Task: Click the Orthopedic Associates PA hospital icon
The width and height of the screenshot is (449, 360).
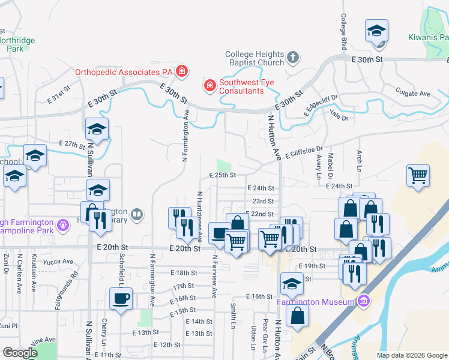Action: coord(182,73)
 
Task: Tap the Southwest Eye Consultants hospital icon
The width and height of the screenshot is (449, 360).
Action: coord(210,86)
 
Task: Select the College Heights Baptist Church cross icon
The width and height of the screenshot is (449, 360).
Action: coord(292,58)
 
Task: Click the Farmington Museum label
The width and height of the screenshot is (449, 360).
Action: coord(316,302)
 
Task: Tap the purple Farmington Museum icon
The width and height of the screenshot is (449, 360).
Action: coord(363,301)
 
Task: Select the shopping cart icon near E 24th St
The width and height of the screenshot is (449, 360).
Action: coord(418,176)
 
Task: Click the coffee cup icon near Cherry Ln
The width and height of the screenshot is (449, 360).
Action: coord(120,298)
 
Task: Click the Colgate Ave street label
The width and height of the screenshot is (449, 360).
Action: coord(413,93)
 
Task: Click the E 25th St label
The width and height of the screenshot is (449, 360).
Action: coord(223,175)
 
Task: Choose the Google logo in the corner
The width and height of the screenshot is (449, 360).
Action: coord(20,353)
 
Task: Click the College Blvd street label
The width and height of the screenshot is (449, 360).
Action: coord(345,31)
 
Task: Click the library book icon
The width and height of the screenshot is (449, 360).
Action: coord(137,214)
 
